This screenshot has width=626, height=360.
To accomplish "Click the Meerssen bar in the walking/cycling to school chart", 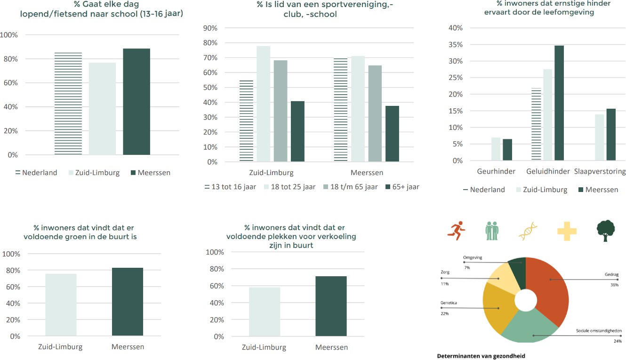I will pyautogui.click(x=136, y=102).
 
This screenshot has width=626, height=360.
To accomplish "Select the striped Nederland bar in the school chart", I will pyautogui.click(x=68, y=104).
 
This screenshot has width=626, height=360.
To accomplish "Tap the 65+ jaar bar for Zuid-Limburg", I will pyautogui.click(x=297, y=131).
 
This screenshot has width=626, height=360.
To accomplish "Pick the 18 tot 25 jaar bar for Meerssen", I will pyautogui.click(x=358, y=109).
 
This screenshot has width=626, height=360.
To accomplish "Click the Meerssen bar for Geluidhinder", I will pyautogui.click(x=559, y=103).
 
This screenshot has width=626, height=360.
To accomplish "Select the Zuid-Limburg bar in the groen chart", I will pyautogui.click(x=61, y=305).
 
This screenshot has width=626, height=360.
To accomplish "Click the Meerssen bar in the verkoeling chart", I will pyautogui.click(x=331, y=306).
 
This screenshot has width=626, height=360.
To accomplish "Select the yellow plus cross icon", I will pyautogui.click(x=567, y=230).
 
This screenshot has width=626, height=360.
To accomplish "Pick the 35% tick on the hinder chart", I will pyautogui.click(x=456, y=45).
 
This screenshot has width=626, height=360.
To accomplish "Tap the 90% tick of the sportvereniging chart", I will pyautogui.click(x=210, y=28).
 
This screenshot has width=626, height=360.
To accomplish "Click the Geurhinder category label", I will pyautogui.click(x=496, y=171).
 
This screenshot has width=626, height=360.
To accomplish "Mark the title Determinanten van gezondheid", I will pyautogui.click(x=481, y=356).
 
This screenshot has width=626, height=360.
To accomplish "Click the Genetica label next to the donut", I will pyautogui.click(x=448, y=303).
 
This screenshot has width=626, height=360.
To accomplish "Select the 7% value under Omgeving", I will pyautogui.click(x=466, y=267).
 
